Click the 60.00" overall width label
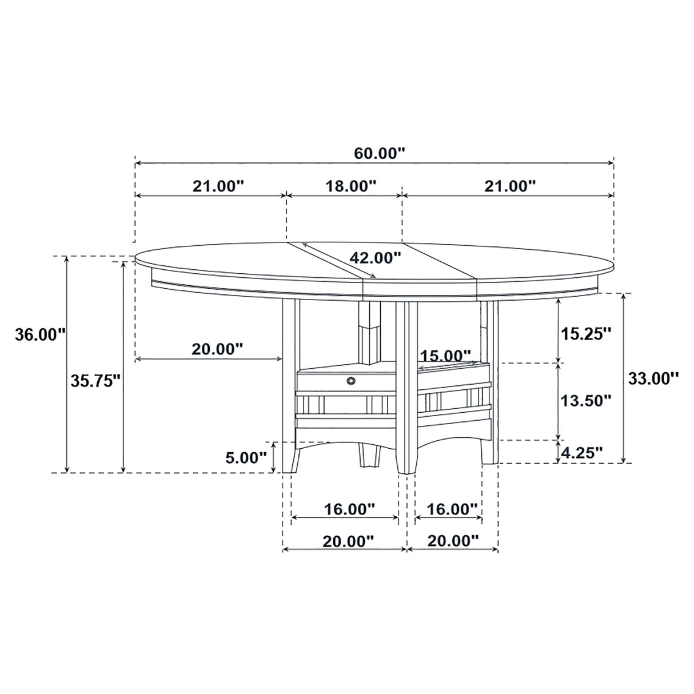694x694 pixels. [379, 153]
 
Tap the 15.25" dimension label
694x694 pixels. [585, 334]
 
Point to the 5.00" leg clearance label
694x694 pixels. [246, 457]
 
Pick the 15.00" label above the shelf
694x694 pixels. [445, 356]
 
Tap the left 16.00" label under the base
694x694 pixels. [349, 508]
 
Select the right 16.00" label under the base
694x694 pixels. [450, 508]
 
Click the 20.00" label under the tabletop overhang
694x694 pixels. [217, 349]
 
